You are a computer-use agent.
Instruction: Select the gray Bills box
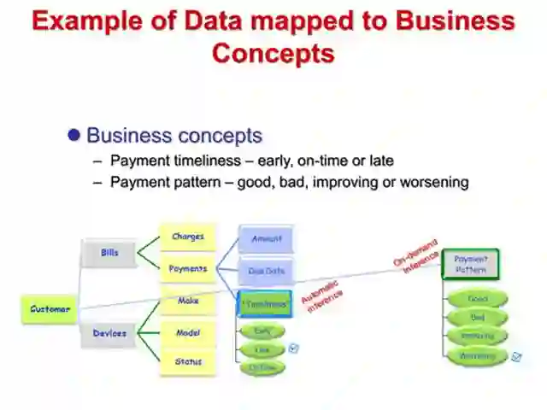109,253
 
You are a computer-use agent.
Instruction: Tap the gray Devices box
109,333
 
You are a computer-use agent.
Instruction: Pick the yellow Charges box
187,237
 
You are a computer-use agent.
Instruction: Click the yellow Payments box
187,268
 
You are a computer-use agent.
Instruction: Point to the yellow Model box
188,332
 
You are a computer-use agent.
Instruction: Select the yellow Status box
188,361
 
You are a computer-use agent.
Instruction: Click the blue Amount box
266,239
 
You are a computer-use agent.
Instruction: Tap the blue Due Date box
266,271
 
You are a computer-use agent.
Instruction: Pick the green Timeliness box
265,303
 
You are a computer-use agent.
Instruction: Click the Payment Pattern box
470,263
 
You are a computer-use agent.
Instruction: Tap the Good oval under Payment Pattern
477,299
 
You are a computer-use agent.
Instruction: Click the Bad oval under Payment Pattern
477,318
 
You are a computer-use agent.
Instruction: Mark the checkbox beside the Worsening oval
516,357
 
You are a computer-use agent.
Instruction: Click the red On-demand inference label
416,255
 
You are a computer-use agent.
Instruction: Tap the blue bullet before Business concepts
74,135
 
